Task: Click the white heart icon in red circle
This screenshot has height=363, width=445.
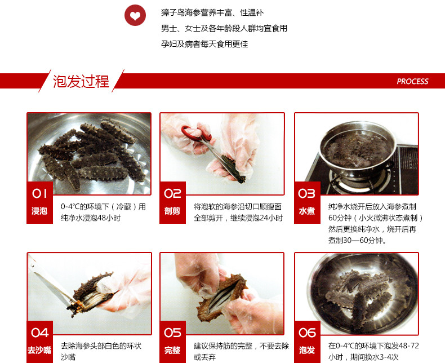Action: pos(135,16)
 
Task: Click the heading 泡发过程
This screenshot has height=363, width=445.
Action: pos(81,81)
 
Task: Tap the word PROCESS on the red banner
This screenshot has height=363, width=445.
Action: pos(412,81)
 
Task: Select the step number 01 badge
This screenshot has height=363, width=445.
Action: pos(39,193)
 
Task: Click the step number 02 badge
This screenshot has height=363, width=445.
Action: pos(172,193)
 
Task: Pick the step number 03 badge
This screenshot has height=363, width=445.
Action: pos(306,193)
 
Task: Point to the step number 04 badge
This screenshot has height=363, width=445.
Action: pos(39,332)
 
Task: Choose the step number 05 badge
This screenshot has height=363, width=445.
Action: pos(172,332)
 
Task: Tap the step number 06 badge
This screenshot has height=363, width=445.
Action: pos(307,332)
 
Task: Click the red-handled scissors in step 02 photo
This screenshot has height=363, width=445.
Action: pos(197,135)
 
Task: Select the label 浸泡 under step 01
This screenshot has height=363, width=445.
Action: pos(39,211)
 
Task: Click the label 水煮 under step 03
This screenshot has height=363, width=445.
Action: pos(306,211)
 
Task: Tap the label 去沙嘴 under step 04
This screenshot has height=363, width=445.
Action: pos(39,350)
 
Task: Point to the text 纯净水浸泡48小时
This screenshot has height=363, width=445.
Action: pos(91,218)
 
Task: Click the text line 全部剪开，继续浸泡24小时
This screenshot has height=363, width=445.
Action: pos(238,218)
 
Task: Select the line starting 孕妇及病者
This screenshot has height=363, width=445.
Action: pos(204,43)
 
